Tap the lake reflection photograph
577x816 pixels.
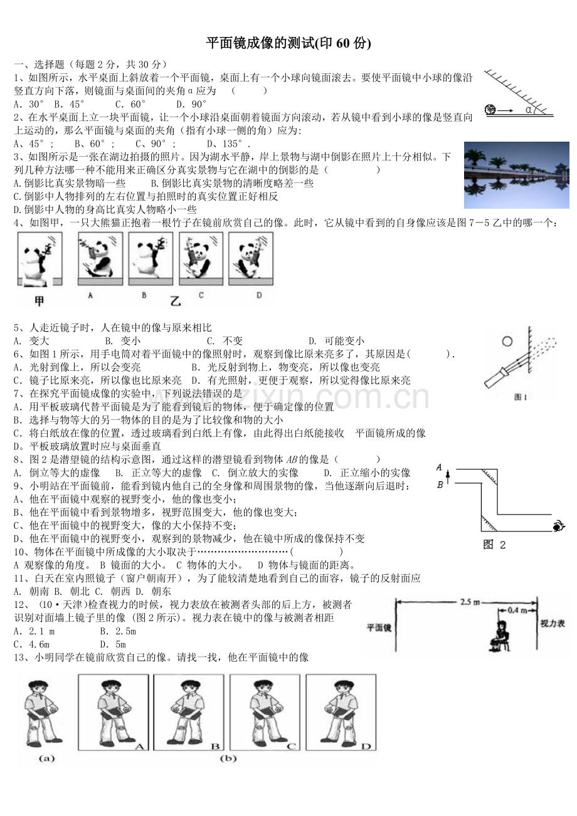(516, 175)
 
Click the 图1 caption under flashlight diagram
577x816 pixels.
(520, 397)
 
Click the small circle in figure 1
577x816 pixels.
(507, 342)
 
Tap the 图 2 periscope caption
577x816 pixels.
(495, 545)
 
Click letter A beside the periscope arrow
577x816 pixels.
(440, 467)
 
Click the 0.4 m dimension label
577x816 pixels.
(516, 610)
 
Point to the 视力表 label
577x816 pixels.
(553, 624)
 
